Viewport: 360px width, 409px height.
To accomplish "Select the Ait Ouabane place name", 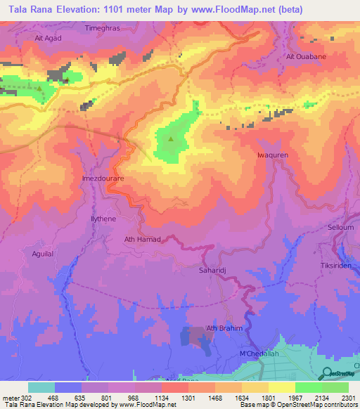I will click(304, 56).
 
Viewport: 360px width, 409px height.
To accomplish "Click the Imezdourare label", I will click(103, 179).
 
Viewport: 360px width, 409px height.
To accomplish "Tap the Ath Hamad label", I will click(143, 240).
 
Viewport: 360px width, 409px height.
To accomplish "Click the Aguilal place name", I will click(39, 253).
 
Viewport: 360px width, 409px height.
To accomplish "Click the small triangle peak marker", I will click(170, 138).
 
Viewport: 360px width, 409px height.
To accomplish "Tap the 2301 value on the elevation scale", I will click(348, 397).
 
